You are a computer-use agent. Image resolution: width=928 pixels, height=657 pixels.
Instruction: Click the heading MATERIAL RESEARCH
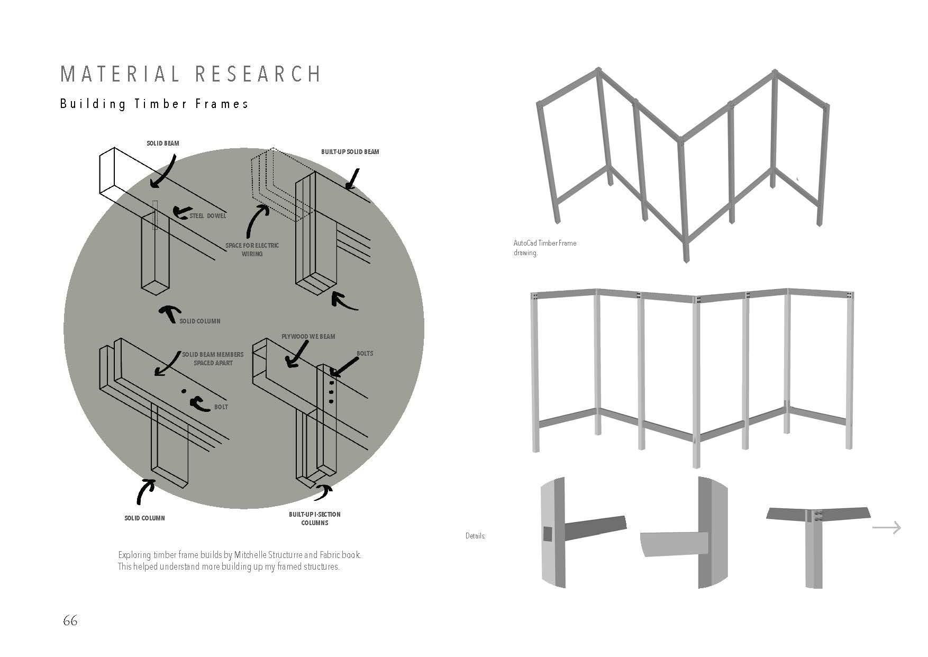coord(190,74)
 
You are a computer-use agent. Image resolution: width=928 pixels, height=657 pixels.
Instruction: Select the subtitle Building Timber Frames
coord(154,104)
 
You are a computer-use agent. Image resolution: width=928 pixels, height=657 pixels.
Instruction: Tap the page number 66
coord(70,620)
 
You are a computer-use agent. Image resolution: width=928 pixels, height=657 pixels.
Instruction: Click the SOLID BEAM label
coord(163,143)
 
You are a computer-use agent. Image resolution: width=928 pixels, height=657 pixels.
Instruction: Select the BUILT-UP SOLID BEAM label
coord(350,152)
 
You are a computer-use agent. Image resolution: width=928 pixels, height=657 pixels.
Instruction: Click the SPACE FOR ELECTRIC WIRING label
coord(252,249)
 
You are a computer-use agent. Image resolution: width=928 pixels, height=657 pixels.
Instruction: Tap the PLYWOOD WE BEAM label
coord(308,336)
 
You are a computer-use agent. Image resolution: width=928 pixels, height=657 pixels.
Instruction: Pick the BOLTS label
coord(365,353)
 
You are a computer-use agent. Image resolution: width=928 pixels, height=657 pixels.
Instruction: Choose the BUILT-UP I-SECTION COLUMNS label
coord(314,518)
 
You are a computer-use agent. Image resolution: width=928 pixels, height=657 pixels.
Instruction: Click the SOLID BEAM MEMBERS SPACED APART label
coord(213,358)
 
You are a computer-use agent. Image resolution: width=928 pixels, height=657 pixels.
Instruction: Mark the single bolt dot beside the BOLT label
coord(183,391)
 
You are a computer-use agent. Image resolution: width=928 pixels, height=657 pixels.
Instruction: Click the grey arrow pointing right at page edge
coord(886,527)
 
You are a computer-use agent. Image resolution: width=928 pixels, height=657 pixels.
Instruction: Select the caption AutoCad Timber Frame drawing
coord(544,248)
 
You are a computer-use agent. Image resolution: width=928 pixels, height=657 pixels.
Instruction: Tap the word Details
coord(475,536)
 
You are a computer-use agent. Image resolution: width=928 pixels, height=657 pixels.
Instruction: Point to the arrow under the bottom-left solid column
coord(144,491)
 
